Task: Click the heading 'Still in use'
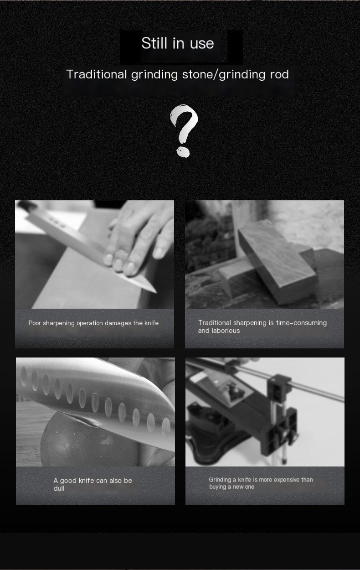[177, 43]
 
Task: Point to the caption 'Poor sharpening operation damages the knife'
[93, 323]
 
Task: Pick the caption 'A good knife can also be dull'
[93, 484]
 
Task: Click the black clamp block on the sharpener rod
[278, 388]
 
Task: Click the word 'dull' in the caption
[59, 488]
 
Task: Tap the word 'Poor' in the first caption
[35, 323]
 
